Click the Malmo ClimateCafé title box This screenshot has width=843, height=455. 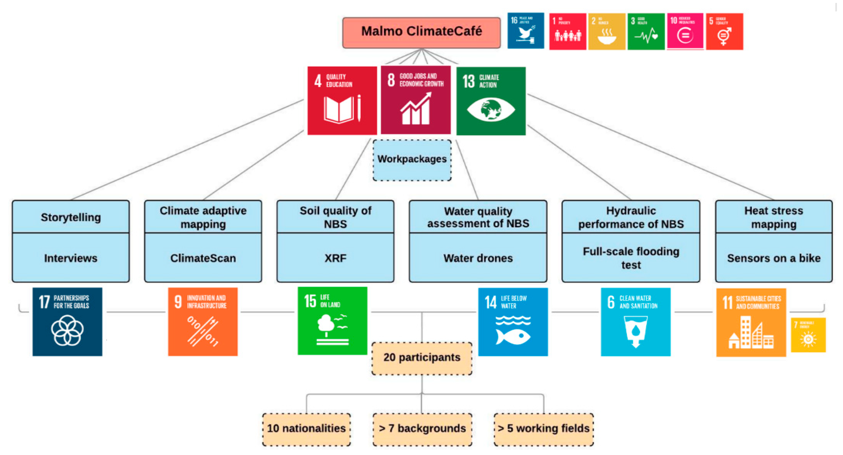coord(421,32)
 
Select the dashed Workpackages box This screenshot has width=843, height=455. coord(412,160)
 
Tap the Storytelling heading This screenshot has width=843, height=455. coord(71,217)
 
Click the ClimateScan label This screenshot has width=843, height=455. coord(203,258)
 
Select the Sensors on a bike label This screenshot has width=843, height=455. coord(774,258)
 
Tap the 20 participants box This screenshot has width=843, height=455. coord(422,358)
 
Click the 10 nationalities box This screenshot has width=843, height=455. coord(306,428)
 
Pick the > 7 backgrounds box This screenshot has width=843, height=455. coord(422,428)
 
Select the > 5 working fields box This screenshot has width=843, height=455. coord(544,428)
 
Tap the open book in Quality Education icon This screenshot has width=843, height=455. coord(338,110)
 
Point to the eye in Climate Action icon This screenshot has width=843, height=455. coord(491,110)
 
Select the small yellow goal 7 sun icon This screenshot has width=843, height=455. coord(808,339)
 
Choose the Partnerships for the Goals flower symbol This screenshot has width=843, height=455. coord(67,330)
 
